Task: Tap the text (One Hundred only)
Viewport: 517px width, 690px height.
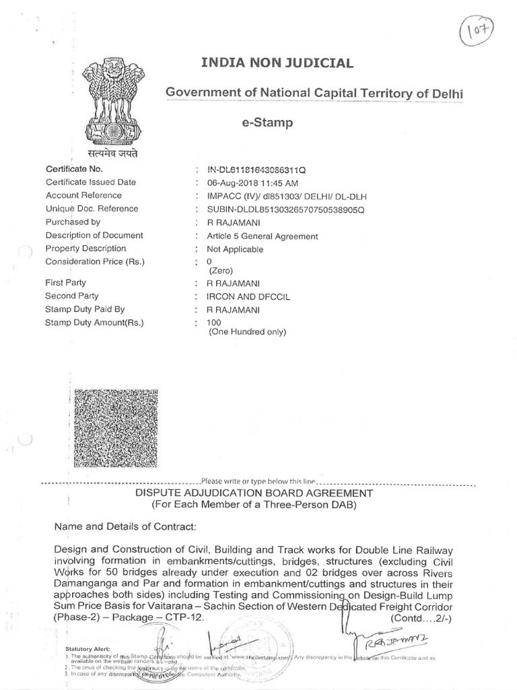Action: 247,332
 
